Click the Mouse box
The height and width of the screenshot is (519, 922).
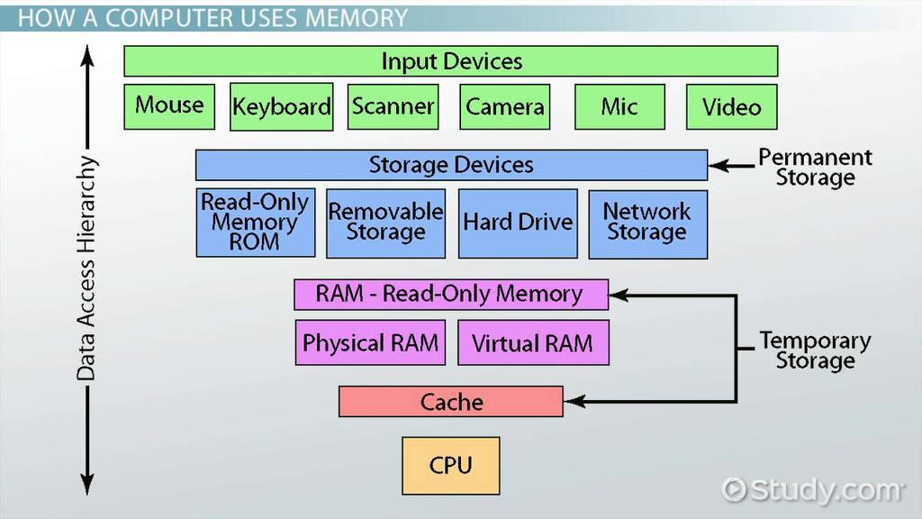point(170,106)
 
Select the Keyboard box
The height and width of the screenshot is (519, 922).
point(282,107)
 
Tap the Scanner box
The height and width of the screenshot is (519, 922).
point(393,107)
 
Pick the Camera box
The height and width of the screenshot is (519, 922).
point(505,107)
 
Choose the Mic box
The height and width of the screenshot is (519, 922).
point(619,107)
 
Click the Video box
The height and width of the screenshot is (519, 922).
point(731,107)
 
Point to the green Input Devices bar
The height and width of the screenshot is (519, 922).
point(450,61)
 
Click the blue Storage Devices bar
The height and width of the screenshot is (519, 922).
point(451,165)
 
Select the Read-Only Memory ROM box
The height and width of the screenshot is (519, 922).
point(255,223)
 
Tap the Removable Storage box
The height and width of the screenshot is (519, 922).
point(385,223)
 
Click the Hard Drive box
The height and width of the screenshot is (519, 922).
point(518,223)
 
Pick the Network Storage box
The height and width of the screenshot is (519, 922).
point(647,223)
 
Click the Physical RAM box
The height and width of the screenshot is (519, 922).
point(370,343)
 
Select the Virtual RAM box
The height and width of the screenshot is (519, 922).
point(533,343)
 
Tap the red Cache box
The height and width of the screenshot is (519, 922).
point(451,402)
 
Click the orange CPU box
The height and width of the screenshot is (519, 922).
point(450,465)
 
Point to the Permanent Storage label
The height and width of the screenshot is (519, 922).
point(815,168)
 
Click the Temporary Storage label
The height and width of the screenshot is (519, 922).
point(815,351)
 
